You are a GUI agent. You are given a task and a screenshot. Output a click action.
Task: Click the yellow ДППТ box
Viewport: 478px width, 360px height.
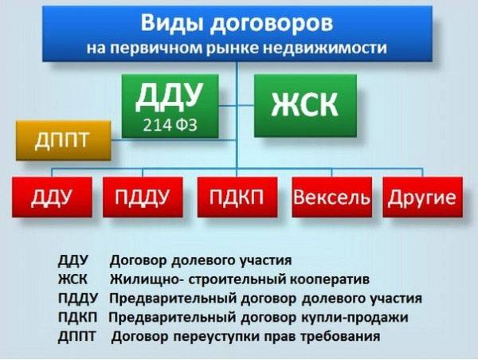click(64, 140)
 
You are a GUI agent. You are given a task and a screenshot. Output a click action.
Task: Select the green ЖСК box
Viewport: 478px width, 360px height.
click(305, 105)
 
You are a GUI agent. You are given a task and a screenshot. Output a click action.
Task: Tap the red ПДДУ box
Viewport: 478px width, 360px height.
click(143, 197)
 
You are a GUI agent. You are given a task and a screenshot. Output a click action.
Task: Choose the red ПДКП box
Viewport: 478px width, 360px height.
click(237, 197)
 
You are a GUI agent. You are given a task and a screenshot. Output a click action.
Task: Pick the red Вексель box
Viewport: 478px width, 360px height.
click(331, 197)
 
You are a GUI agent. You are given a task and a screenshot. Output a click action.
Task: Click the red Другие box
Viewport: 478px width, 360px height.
click(422, 197)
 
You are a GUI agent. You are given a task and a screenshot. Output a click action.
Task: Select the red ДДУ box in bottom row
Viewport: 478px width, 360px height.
click(52, 197)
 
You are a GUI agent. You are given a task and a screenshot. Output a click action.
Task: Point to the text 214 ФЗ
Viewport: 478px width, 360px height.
click(170, 125)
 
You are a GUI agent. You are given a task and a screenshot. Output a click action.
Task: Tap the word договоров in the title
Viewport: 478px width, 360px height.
click(272, 24)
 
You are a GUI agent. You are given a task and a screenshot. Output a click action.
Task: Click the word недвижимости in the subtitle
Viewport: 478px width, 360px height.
click(325, 48)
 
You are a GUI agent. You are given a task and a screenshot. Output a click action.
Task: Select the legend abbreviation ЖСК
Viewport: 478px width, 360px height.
click(72, 279)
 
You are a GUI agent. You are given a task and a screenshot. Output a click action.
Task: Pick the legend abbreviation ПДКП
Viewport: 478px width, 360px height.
click(78, 317)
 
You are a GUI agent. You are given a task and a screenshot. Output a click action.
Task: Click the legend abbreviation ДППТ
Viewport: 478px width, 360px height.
click(76, 337)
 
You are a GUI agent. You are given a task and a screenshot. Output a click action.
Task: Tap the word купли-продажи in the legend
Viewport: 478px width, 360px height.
click(355, 318)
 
